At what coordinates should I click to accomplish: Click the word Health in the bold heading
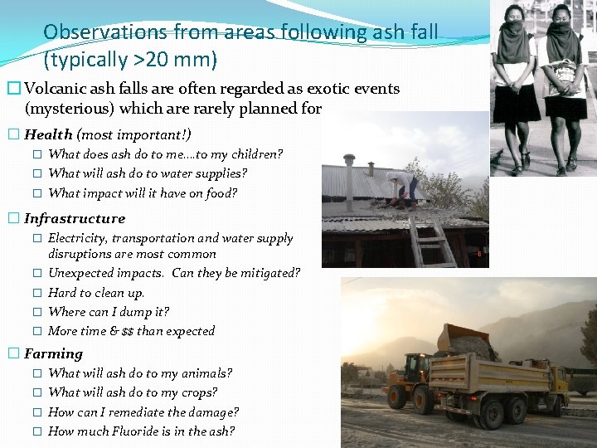48,134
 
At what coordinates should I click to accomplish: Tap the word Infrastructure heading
75,219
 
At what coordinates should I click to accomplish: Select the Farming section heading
54,354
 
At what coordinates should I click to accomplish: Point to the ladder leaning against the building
431,241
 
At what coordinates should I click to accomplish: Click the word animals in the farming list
206,374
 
